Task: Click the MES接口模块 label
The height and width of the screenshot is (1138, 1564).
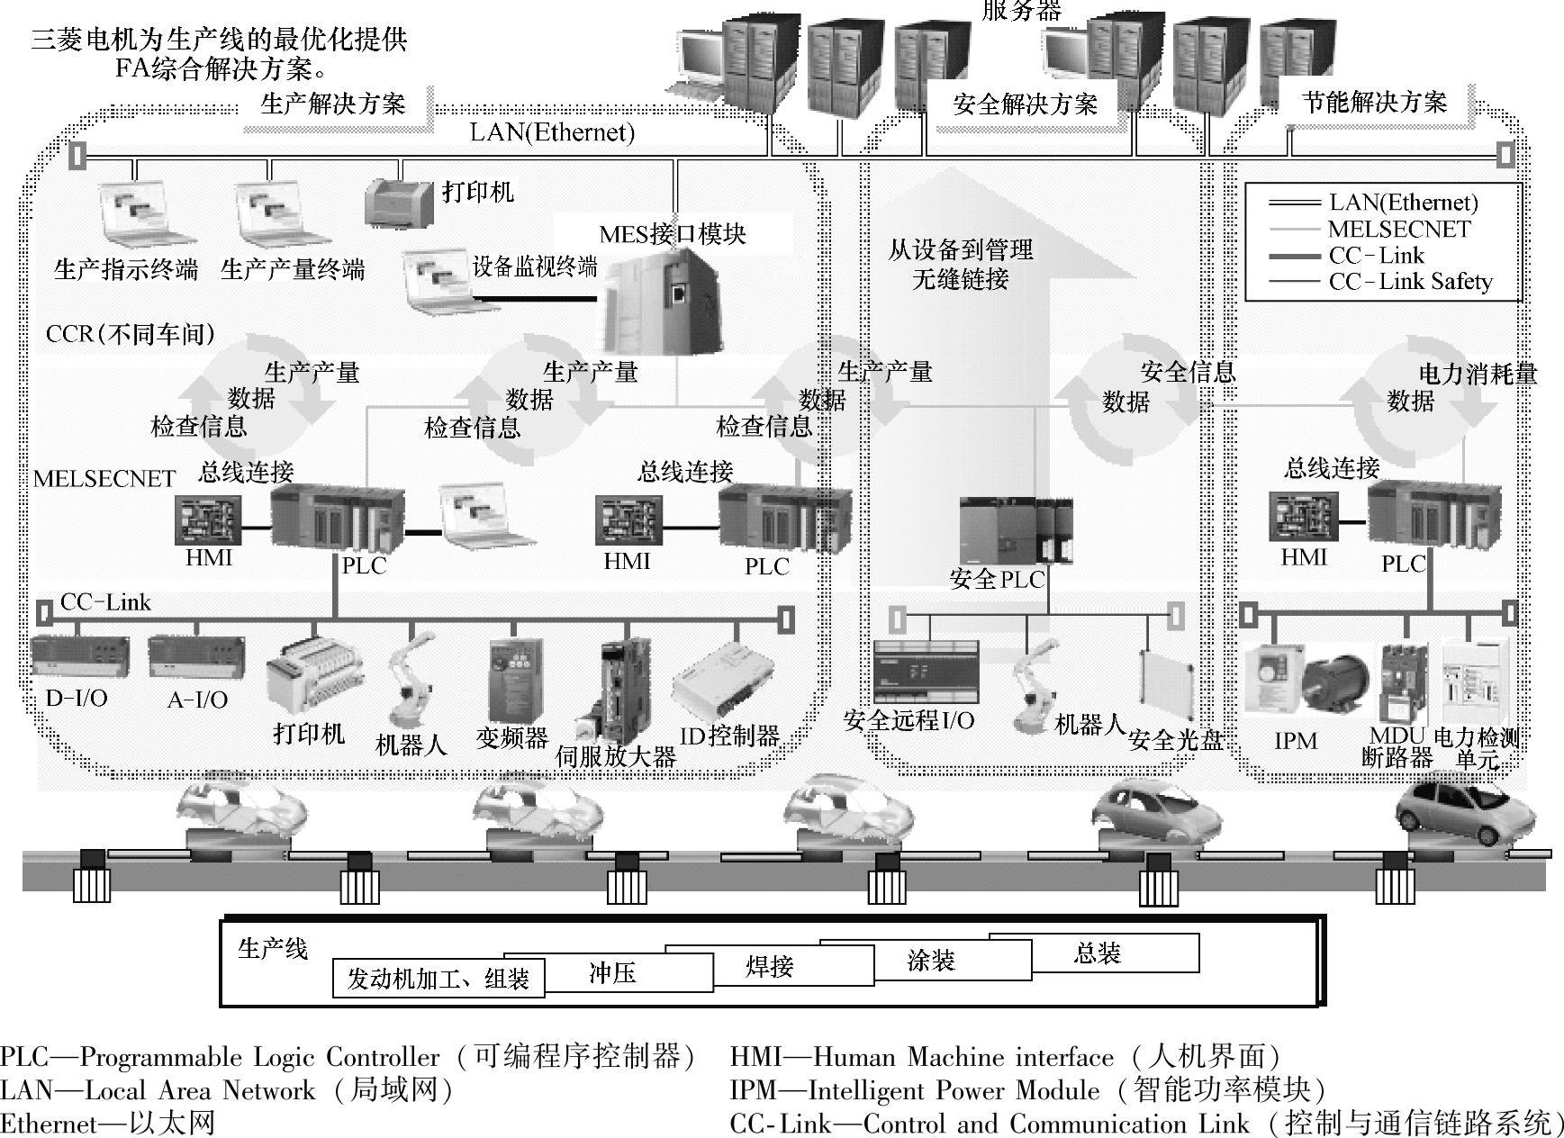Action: point(673,234)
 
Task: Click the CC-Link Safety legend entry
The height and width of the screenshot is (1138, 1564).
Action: point(1410,282)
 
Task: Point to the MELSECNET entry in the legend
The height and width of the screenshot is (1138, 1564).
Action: point(1398,229)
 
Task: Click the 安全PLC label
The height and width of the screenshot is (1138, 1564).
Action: point(997,579)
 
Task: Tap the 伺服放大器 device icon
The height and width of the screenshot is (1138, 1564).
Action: point(624,690)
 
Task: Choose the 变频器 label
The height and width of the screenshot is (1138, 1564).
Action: point(511,738)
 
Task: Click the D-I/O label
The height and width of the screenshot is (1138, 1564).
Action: point(77,698)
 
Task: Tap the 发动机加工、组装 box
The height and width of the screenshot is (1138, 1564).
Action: point(438,979)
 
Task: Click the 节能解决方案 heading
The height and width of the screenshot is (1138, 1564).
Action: point(1374,102)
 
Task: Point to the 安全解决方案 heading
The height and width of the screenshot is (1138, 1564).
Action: point(1025,104)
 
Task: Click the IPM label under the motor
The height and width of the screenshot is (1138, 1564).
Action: point(1295,741)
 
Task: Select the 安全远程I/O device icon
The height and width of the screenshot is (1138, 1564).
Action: point(926,672)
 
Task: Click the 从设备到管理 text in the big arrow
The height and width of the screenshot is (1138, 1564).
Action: point(960,249)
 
